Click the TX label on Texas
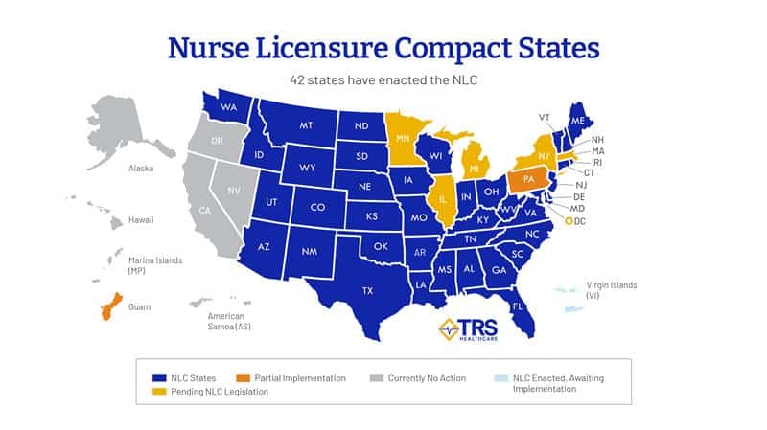pyautogui.click(x=368, y=288)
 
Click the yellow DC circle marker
pyautogui.click(x=569, y=221)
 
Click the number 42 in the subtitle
pyautogui.click(x=300, y=80)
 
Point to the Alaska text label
pyautogui.click(x=141, y=169)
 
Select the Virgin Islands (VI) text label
pyautogui.click(x=611, y=290)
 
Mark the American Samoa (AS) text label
pyautogui.click(x=225, y=322)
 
